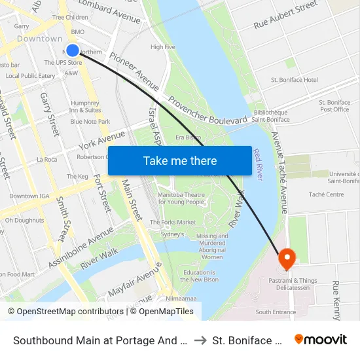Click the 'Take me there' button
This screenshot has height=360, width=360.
tap(180, 161)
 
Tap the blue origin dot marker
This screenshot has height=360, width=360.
tap(73, 50)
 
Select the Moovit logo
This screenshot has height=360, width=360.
tap(320, 339)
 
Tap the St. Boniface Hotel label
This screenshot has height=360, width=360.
tap(294, 80)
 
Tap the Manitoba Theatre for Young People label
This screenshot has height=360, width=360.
tap(181, 198)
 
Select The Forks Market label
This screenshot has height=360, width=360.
tap(173, 223)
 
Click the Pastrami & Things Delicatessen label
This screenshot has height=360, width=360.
tap(293, 285)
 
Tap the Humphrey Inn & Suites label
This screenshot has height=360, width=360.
tap(85, 107)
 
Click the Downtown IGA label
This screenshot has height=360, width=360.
tap(29, 196)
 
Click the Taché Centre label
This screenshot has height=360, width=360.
tap(325, 194)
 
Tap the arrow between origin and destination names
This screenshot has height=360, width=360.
tap(200, 340)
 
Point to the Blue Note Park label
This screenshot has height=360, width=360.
tap(90, 122)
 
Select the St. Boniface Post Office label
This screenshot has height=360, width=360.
tap(334, 105)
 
